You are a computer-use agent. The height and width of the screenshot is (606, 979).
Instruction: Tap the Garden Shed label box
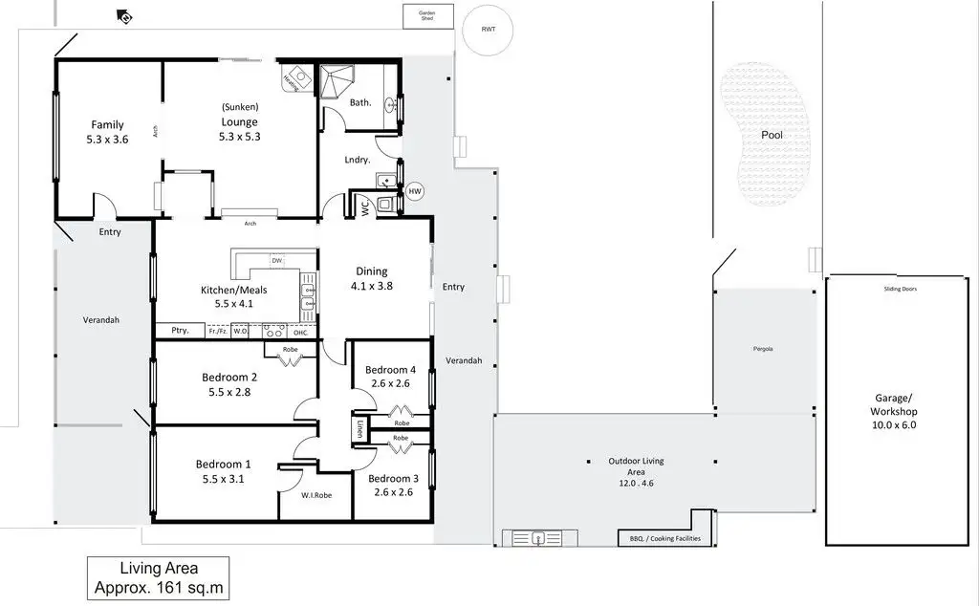(x=426, y=16)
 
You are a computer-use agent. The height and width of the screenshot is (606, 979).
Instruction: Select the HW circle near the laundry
(x=414, y=192)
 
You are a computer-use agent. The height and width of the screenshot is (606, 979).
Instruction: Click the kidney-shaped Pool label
(x=772, y=135)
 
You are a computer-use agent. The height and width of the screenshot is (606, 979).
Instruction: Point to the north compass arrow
(x=123, y=15)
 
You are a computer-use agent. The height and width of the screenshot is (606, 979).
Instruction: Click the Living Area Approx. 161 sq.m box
(x=158, y=577)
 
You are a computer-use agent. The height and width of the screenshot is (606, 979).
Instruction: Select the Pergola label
(x=762, y=348)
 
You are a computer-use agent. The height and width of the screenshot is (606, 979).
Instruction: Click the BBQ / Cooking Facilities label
(x=664, y=539)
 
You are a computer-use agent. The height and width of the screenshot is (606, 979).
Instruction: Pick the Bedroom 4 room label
(x=390, y=377)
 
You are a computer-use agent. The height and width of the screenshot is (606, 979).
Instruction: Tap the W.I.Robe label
(x=315, y=495)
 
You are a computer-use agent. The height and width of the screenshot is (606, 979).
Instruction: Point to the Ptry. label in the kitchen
(x=180, y=331)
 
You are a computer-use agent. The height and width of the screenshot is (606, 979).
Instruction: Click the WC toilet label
(x=364, y=205)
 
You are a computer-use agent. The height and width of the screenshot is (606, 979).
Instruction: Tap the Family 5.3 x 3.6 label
(x=107, y=132)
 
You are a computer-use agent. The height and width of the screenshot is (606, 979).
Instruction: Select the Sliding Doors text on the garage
(x=901, y=289)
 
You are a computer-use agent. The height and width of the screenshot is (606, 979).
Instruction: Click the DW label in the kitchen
(x=275, y=260)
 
